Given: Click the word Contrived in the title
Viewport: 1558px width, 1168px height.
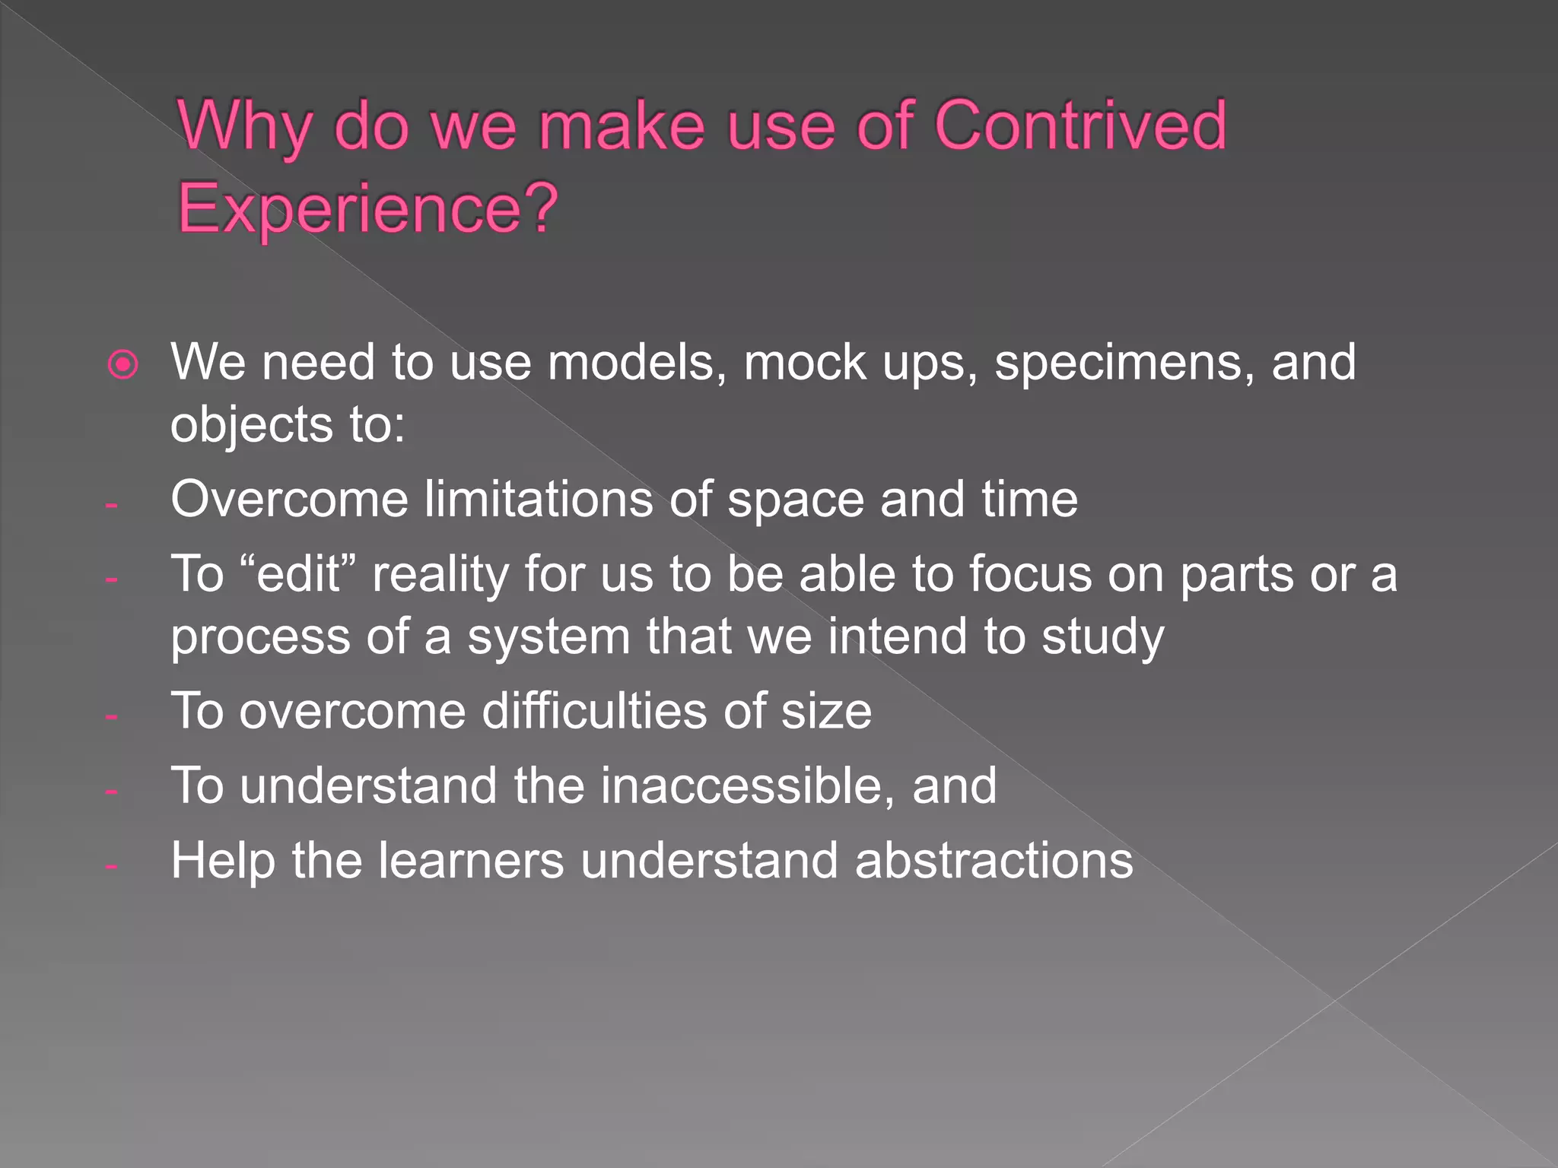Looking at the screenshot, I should (1079, 125).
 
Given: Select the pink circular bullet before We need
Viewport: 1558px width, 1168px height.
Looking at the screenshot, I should (123, 365).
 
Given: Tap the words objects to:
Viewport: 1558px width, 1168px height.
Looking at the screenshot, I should (288, 424).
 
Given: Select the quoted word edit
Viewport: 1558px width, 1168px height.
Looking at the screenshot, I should (299, 574).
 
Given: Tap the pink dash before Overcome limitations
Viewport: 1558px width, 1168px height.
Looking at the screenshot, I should (112, 505).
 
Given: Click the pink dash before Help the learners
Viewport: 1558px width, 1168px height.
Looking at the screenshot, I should (112, 866).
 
